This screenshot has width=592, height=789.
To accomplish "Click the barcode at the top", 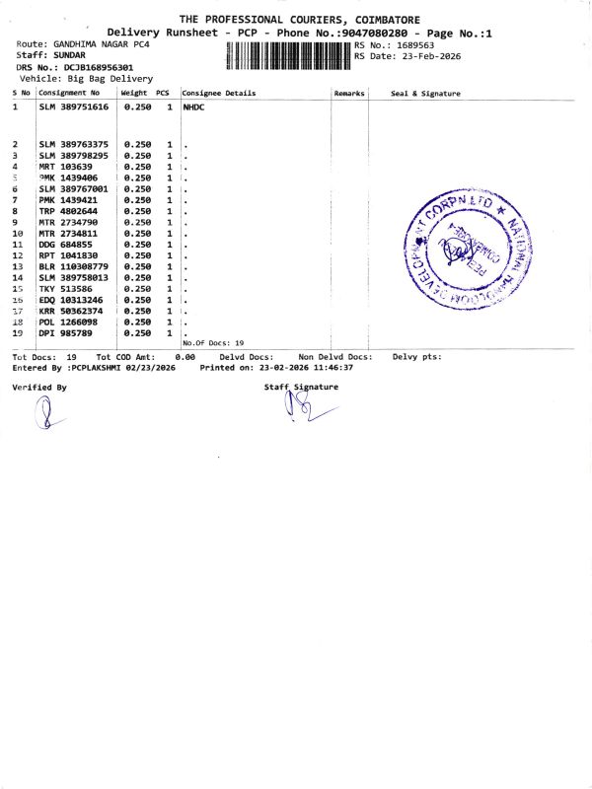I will click(288, 55).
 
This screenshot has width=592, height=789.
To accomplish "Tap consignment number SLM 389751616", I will click(73, 107).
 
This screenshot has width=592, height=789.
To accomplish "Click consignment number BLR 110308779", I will click(73, 266).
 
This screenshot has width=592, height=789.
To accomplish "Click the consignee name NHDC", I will click(192, 107).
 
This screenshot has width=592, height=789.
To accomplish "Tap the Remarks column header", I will click(349, 94).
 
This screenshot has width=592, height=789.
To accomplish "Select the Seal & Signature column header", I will click(425, 94).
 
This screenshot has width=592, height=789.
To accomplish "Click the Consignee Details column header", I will click(218, 94).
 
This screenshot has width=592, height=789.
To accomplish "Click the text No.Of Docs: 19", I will click(213, 342).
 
